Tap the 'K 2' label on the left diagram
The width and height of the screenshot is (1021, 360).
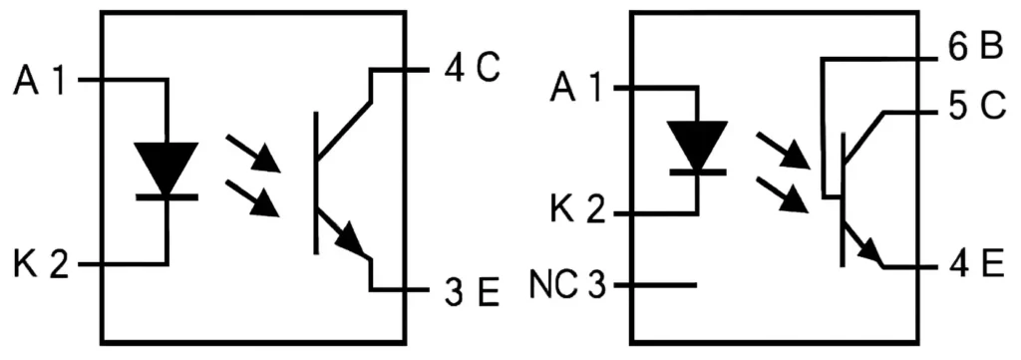coord(40,266)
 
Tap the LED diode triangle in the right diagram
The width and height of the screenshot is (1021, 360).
coord(696,142)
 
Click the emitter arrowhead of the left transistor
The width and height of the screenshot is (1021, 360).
coord(350,238)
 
